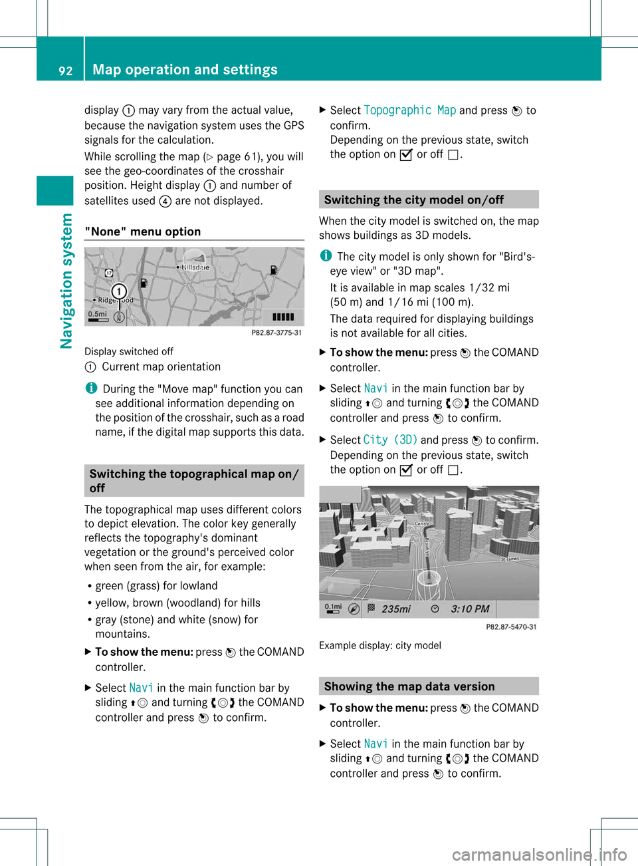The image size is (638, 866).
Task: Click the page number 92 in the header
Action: click(65, 71)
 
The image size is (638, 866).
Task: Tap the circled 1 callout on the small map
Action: click(119, 291)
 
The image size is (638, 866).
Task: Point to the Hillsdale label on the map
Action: click(195, 267)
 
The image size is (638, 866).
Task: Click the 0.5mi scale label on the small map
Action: click(97, 314)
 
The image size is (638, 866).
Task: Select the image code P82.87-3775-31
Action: click(276, 333)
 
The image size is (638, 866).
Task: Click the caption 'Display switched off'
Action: click(128, 351)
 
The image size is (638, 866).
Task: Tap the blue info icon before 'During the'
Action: click(90, 388)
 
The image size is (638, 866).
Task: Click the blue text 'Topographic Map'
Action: click(409, 110)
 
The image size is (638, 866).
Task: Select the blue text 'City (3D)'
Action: click(390, 440)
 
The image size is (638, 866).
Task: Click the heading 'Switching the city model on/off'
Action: click(413, 200)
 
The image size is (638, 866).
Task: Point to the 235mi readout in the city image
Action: click(395, 609)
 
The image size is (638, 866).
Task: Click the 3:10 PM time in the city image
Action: click(470, 609)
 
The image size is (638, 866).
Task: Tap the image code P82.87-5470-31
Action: click(510, 627)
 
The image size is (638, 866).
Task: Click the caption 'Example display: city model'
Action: click(379, 645)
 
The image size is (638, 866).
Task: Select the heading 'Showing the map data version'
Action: click(409, 686)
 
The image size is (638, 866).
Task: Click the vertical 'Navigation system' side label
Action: click(66, 280)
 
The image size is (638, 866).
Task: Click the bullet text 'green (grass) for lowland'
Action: click(156, 585)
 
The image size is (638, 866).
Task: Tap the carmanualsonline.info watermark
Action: click(539, 854)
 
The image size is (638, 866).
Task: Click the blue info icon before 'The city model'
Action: click(325, 255)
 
